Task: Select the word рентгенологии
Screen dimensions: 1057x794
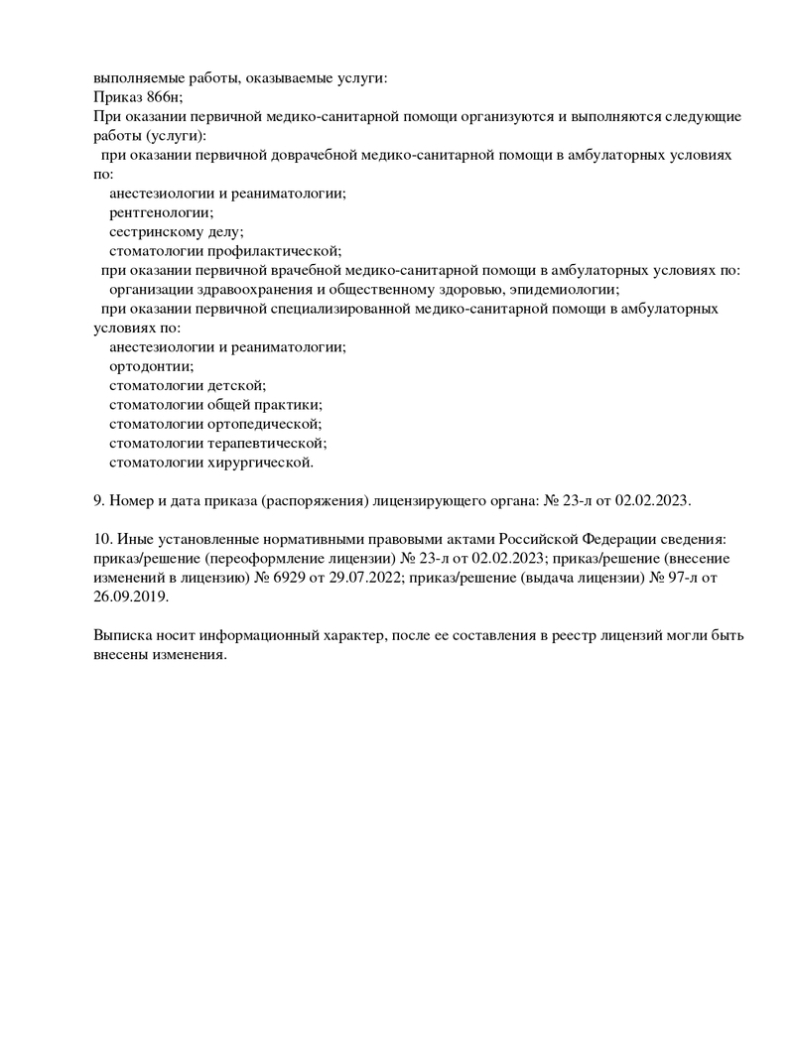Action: pyautogui.click(x=161, y=212)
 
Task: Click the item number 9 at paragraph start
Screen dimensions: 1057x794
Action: pyautogui.click(x=97, y=500)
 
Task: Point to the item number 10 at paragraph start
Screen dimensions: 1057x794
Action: pyautogui.click(x=101, y=539)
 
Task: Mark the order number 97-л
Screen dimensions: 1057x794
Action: pyautogui.click(x=677, y=578)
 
